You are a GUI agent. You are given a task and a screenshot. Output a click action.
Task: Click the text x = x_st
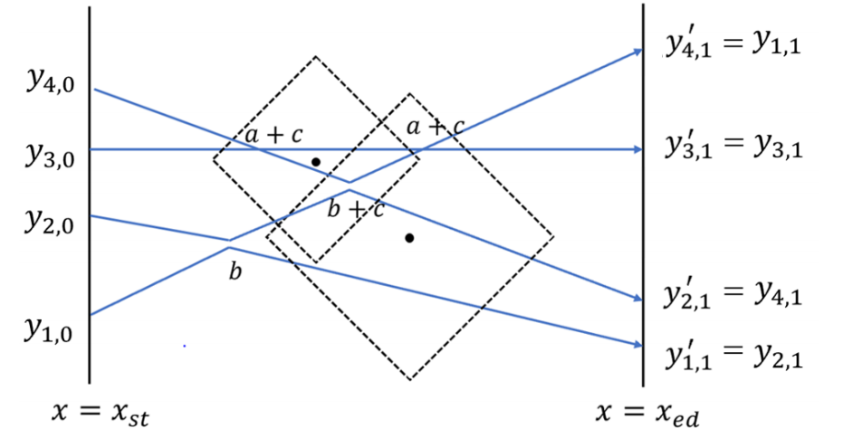(x=101, y=414)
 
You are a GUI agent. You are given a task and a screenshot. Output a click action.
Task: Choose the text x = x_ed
(x=647, y=414)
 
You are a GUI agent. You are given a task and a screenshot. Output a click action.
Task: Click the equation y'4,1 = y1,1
(x=733, y=44)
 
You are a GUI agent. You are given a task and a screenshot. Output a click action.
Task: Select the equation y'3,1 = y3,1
(x=733, y=145)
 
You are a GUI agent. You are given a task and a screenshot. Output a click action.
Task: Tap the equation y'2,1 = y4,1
(x=733, y=294)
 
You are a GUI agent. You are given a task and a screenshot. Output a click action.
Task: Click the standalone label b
(x=235, y=271)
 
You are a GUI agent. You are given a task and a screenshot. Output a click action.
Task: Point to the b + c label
(x=356, y=209)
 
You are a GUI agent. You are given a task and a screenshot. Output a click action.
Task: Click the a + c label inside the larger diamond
(x=436, y=128)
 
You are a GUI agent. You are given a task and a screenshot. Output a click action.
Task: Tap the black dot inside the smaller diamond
(x=315, y=162)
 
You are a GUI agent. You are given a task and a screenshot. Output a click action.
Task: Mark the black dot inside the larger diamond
(x=409, y=238)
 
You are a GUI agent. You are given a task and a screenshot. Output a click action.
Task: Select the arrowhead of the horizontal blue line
(x=637, y=149)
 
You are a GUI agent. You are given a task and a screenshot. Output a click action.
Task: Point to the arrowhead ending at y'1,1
(x=637, y=345)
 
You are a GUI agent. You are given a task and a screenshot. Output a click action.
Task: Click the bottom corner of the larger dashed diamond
(x=409, y=379)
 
